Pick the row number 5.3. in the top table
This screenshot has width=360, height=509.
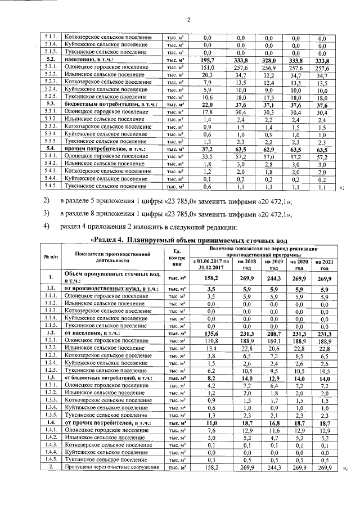[x=50, y=104]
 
